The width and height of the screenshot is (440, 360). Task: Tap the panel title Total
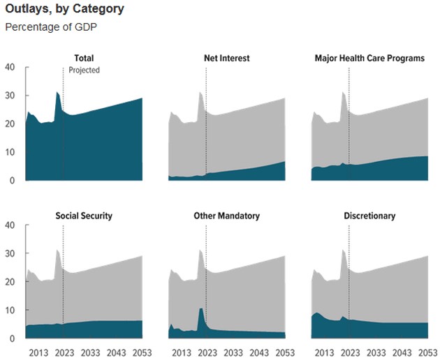pyautogui.click(x=84, y=59)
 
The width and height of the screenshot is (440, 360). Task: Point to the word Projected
pyautogui.click(x=85, y=70)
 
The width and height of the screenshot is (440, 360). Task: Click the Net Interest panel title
pyautogui.click(x=226, y=59)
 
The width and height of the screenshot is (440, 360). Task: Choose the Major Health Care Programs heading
pyautogui.click(x=369, y=59)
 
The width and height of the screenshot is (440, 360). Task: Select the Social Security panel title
pyautogui.click(x=84, y=216)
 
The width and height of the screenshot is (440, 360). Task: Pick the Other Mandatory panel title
pyautogui.click(x=226, y=216)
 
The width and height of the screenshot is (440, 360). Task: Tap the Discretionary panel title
pyautogui.click(x=369, y=216)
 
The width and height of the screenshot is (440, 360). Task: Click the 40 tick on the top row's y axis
pyautogui.click(x=10, y=68)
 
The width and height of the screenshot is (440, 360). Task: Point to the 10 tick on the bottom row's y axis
pyautogui.click(x=10, y=310)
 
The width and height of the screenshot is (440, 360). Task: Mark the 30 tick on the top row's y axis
pyautogui.click(x=10, y=96)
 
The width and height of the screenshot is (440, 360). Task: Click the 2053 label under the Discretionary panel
pyautogui.click(x=427, y=351)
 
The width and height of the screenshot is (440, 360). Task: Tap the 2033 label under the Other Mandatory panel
pyautogui.click(x=233, y=351)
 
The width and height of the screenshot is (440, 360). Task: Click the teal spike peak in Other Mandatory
pyautogui.click(x=201, y=308)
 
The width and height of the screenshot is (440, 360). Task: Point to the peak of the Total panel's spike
pyautogui.click(x=57, y=91)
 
